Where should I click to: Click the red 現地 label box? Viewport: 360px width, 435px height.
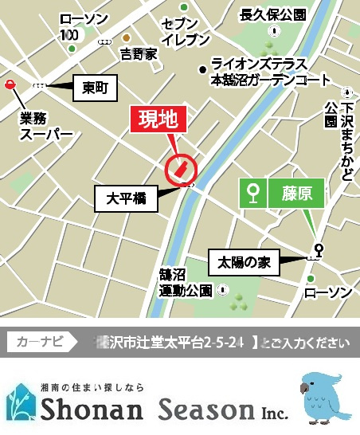pos(159,120)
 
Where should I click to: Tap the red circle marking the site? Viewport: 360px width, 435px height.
pos(181,169)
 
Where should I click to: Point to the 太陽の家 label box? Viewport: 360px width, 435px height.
pos(245,262)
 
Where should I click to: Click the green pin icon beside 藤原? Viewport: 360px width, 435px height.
pos(254,192)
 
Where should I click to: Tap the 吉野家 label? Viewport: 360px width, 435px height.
pos(139,54)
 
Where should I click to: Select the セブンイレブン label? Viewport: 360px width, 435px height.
pos(186,32)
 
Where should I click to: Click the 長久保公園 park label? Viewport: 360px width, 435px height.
pos(273,15)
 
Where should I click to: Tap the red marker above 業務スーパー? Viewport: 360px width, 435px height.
pos(9,84)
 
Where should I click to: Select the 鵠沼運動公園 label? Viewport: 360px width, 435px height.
pos(186,282)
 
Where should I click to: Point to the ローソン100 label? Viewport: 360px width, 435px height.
pos(76,26)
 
